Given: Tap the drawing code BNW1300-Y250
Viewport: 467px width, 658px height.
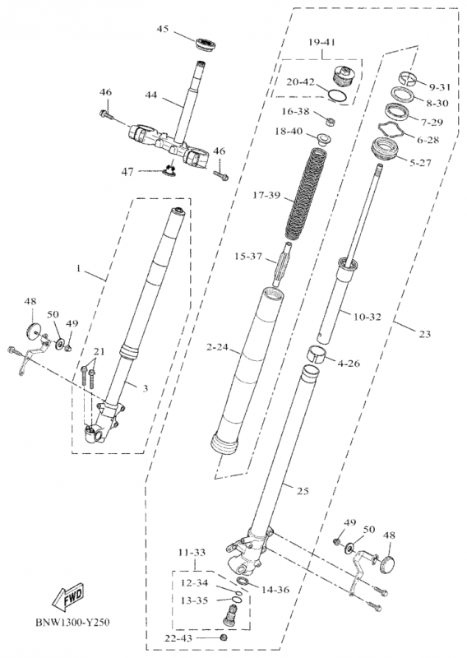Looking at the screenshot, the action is (x=72, y=622).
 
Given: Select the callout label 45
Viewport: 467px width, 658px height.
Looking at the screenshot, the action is (x=162, y=29).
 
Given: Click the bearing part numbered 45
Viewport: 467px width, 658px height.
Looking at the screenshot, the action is (x=206, y=44).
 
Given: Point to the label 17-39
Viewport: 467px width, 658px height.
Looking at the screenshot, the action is (x=267, y=195).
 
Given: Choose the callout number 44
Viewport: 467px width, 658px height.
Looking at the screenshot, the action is (x=150, y=95).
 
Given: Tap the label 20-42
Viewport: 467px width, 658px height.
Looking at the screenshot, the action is (x=300, y=81).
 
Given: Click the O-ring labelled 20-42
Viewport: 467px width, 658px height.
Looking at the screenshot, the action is (x=337, y=96).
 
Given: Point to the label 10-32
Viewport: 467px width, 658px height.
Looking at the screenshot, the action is (x=368, y=317).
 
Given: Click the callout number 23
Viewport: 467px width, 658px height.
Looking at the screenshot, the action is (x=424, y=334).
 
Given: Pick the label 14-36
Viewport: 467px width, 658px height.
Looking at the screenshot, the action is (x=275, y=590).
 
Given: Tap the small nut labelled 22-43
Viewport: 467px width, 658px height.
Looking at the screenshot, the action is (x=224, y=638).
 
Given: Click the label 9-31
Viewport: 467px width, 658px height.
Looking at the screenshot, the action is (x=439, y=87).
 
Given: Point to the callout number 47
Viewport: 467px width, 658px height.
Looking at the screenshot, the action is (x=128, y=172).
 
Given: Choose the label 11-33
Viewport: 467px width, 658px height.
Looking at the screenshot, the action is (x=192, y=552).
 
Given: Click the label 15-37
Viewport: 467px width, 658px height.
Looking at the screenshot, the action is (x=248, y=257).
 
